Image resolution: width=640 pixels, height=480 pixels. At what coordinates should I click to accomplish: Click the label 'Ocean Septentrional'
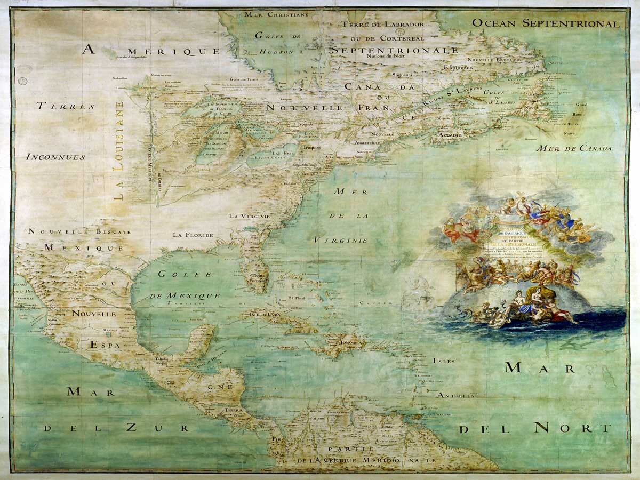coord(546,23)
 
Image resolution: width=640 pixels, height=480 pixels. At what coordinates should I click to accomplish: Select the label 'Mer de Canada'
coord(574,148)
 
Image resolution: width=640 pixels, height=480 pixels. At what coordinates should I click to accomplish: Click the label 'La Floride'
coord(193,235)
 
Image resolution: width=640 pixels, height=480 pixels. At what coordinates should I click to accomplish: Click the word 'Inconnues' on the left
coord(55,157)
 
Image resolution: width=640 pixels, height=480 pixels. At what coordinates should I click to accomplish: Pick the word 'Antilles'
coord(455,396)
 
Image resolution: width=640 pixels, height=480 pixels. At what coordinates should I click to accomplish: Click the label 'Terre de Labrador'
coord(383,25)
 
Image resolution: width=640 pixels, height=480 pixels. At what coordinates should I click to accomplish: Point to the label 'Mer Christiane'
coord(276,14)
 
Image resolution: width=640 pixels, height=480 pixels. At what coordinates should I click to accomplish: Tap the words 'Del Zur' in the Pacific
coord(116,428)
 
